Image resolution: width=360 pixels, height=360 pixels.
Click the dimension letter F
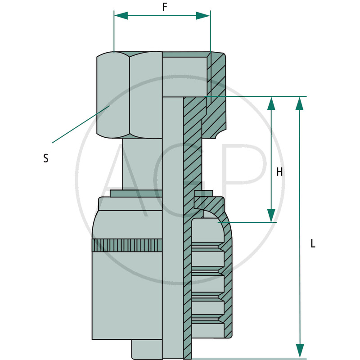pyautogui.click(x=164, y=7)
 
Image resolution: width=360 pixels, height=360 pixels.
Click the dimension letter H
pyautogui.click(x=279, y=172)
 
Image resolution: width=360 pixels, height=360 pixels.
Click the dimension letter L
pyautogui.click(x=313, y=243)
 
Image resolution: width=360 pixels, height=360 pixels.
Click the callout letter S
pyautogui.click(x=46, y=158)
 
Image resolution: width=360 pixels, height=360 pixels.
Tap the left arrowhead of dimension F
pyautogui.click(x=121, y=16)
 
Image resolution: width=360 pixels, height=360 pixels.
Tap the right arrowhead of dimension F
pyautogui.click(x=203, y=16)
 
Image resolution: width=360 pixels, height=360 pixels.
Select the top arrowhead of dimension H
pyautogui.click(x=271, y=104)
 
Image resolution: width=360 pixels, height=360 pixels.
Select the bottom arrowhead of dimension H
pyautogui.click(x=271, y=216)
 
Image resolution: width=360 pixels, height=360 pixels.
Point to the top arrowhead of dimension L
pyautogui.click(x=300, y=104)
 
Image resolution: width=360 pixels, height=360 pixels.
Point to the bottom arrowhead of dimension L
pyautogui.click(x=300, y=351)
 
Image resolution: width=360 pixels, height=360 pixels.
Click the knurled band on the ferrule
pyautogui.click(x=127, y=245)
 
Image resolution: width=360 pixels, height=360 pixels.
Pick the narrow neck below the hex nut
pyautogui.click(x=142, y=164)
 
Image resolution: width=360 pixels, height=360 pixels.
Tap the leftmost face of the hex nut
pyautogui.click(x=113, y=95)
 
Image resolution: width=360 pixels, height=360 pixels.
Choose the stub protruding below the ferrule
pyautogui.click(x=147, y=349)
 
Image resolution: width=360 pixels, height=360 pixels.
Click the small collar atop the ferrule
pyautogui.click(x=136, y=193)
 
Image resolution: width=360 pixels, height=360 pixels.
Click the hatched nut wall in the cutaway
pyautogui.click(x=216, y=95)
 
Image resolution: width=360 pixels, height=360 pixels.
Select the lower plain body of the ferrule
pyautogui.click(x=127, y=296)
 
